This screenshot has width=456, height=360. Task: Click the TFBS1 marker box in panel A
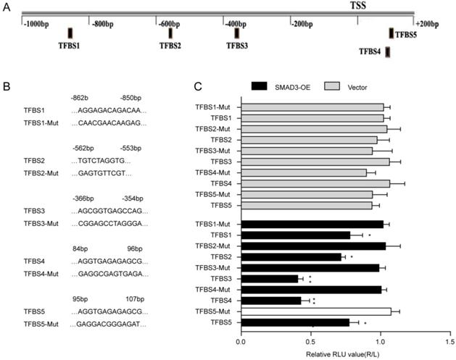pos(70,33)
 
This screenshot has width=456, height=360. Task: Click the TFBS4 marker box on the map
pos(389,51)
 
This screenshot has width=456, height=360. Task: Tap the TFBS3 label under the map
pos(236,46)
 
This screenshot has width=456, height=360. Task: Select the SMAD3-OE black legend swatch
pos(266,85)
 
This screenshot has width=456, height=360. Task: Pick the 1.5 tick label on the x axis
pos(450,340)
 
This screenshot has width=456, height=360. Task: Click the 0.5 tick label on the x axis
pos(310,340)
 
